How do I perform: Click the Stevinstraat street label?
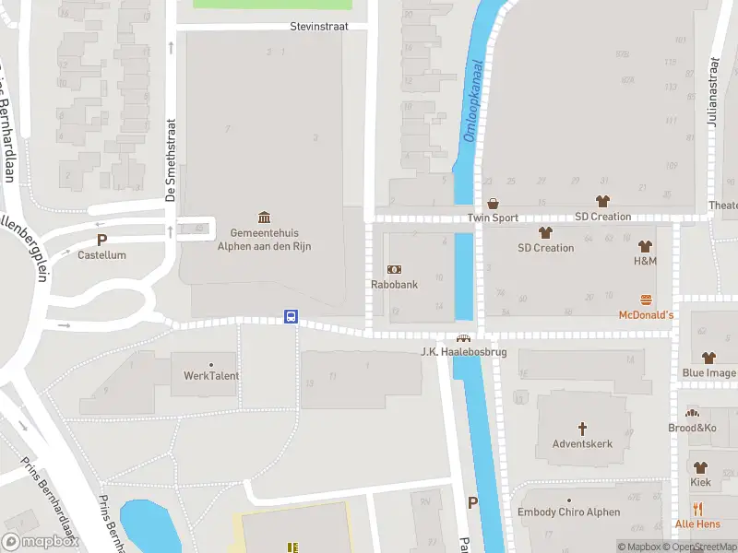tap(318, 27)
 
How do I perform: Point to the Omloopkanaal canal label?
tap(472, 102)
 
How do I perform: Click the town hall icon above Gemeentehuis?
tap(265, 218)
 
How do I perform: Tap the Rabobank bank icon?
tap(394, 269)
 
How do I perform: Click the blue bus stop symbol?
tap(291, 317)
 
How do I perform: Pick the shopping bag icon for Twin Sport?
tap(493, 203)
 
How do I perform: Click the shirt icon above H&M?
tap(645, 246)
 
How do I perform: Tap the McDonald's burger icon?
tap(646, 300)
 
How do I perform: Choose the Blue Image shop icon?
tap(708, 358)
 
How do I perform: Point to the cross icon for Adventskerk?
tap(582, 429)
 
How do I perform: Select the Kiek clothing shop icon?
tap(700, 467)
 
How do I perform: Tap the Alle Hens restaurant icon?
tap(697, 508)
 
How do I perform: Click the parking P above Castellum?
tap(101, 240)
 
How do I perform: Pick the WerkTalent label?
tap(211, 376)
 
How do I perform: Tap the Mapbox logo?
tap(42, 542)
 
